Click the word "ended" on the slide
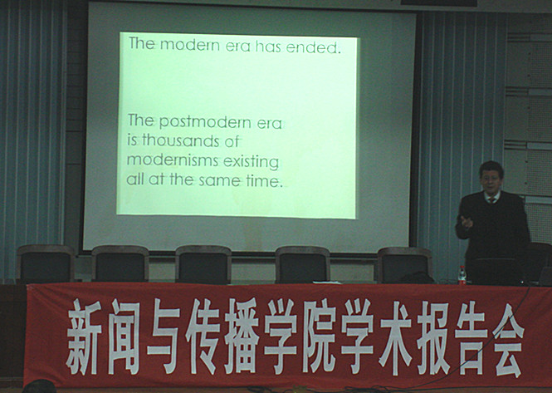(x=312, y=47)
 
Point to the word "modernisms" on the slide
(x=173, y=160)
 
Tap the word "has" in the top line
(x=268, y=47)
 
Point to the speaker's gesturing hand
(x=467, y=222)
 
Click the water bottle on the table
(x=462, y=275)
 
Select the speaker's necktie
(x=491, y=200)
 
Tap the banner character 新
(x=84, y=337)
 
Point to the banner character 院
(x=320, y=337)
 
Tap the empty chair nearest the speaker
(x=405, y=265)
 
